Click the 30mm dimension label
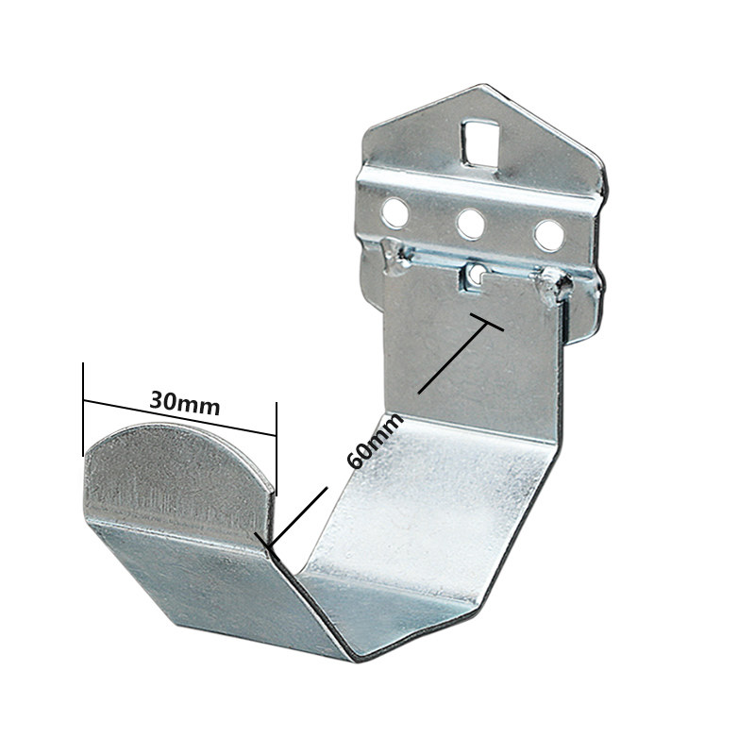pyautogui.click(x=185, y=403)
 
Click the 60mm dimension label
pyautogui.click(x=364, y=443)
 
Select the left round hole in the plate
pyautogui.click(x=395, y=213)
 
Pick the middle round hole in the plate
pyautogui.click(x=470, y=224)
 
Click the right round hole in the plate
pyautogui.click(x=547, y=235)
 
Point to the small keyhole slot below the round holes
pyautogui.click(x=478, y=274)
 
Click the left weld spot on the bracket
pyautogui.click(x=390, y=255)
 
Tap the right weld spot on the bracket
pyautogui.click(x=552, y=283)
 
